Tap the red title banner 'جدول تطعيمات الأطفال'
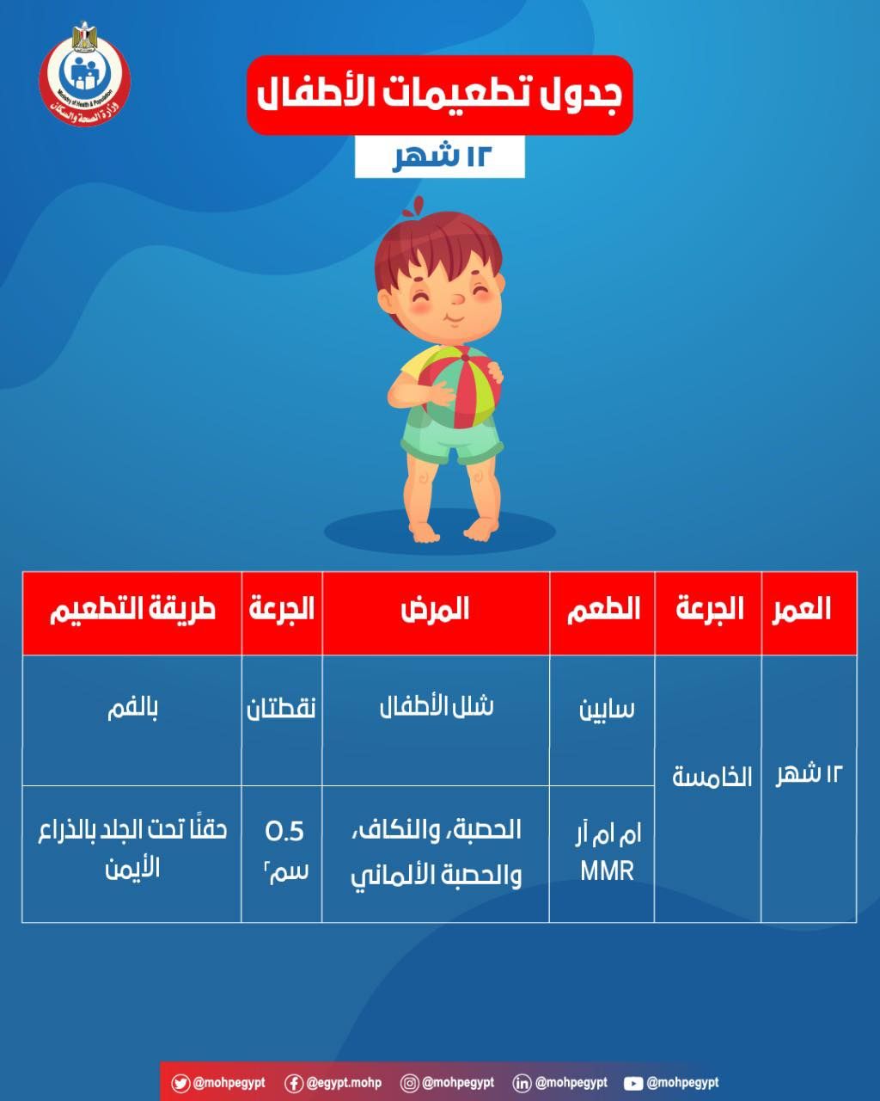tap(439, 95)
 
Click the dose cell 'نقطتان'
tap(282, 710)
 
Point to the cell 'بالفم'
tap(131, 710)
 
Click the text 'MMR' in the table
tap(607, 870)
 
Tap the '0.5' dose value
tap(284, 831)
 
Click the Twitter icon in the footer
tap(180, 1083)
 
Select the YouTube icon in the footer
tap(633, 1083)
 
